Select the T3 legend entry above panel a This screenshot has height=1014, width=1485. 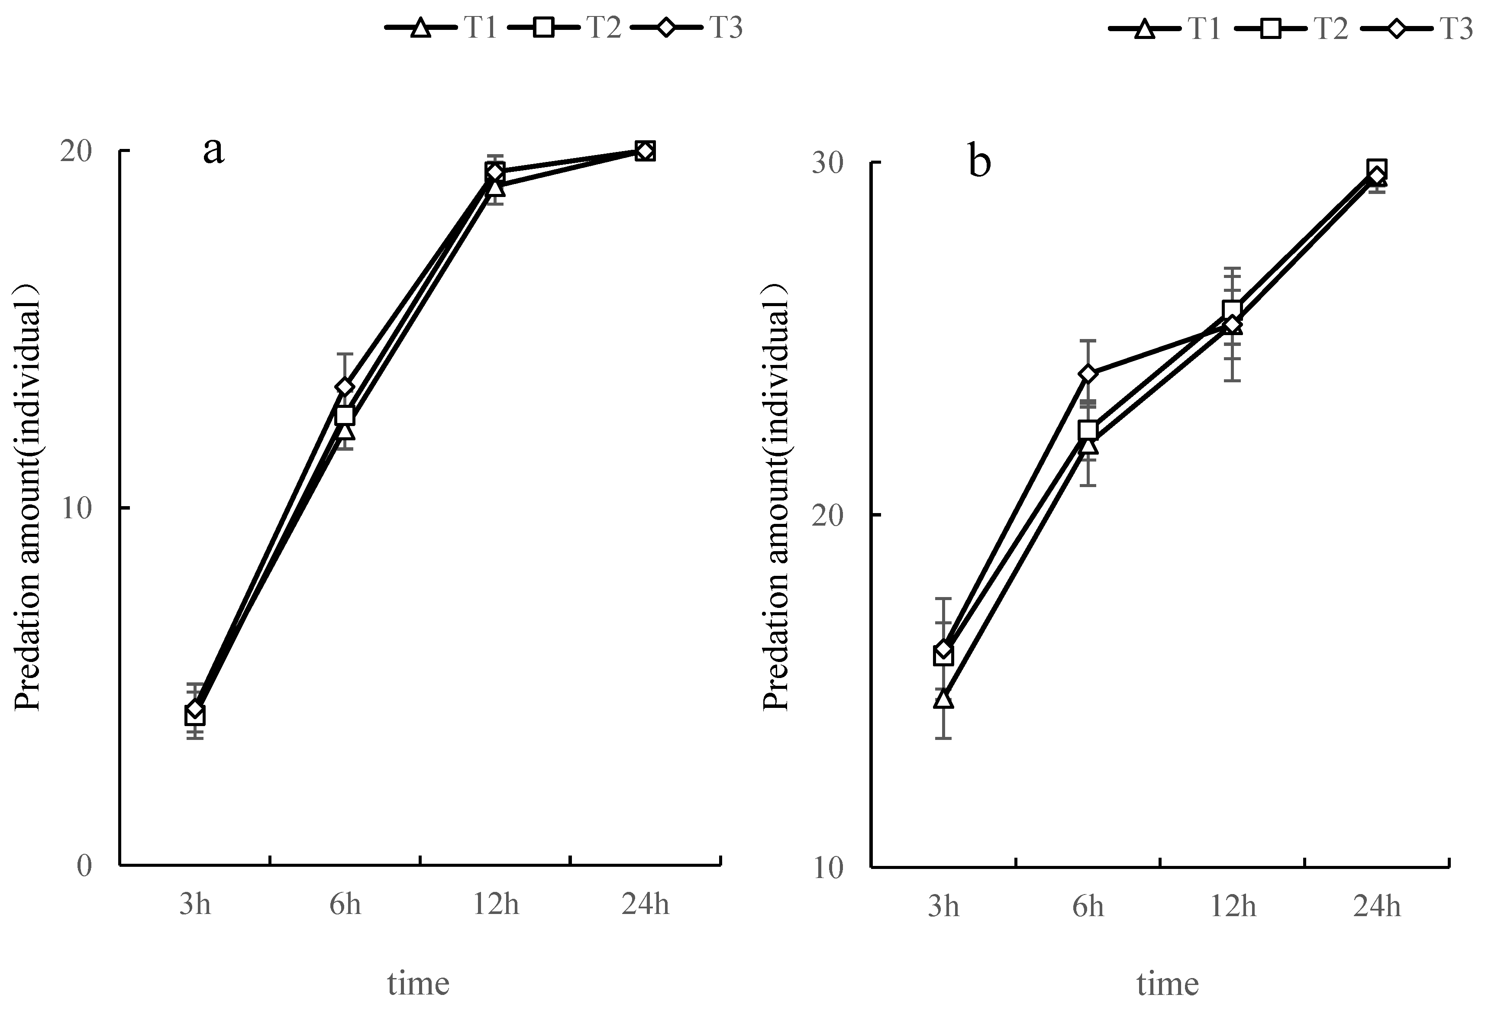[687, 28]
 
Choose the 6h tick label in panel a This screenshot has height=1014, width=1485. [345, 905]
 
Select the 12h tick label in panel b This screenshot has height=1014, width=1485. [1233, 907]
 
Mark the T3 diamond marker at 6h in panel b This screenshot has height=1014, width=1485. [1088, 374]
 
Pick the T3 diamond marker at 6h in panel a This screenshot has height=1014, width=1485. [345, 387]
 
